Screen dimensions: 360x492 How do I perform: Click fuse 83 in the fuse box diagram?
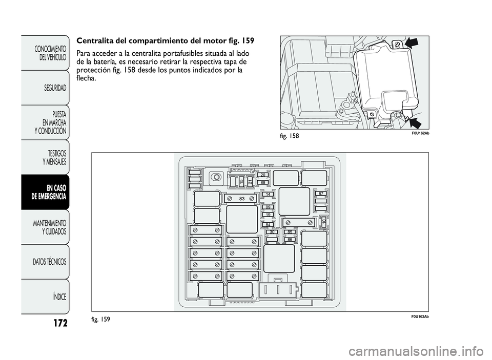[240, 198]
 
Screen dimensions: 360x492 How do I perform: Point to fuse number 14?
[268, 195]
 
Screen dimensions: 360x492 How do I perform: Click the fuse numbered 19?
[269, 215]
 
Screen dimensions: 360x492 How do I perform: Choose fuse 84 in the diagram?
[268, 224]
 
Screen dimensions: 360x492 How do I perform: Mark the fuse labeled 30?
[273, 232]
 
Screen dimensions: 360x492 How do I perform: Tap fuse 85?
[290, 232]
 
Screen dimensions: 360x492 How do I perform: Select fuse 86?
[290, 239]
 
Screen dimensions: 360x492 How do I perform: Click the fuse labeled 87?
[320, 194]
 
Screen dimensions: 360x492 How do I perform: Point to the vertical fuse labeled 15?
[241, 181]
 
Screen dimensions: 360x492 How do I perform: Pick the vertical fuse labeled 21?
[250, 181]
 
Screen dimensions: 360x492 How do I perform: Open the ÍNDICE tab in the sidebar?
[53, 297]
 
